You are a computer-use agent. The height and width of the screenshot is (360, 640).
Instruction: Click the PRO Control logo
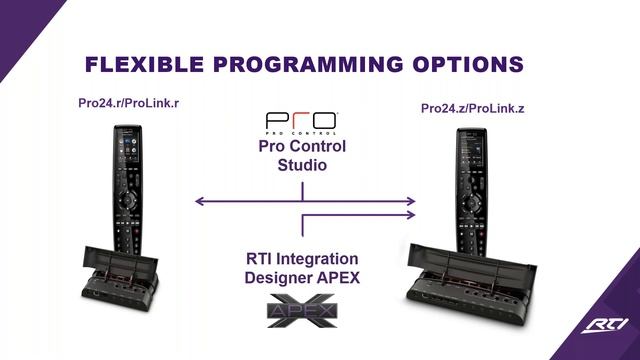(301, 124)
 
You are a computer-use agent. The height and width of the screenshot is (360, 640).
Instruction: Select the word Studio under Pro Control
(302, 166)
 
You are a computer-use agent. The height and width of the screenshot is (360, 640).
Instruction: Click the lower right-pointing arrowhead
(410, 214)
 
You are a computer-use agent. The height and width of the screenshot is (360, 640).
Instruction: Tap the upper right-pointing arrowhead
(410, 202)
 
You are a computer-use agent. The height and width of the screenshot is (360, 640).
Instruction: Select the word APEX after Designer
(340, 278)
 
